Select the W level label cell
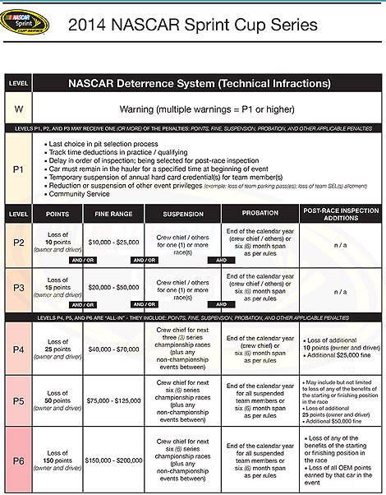(x=18, y=109)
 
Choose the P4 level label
(x=18, y=349)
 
